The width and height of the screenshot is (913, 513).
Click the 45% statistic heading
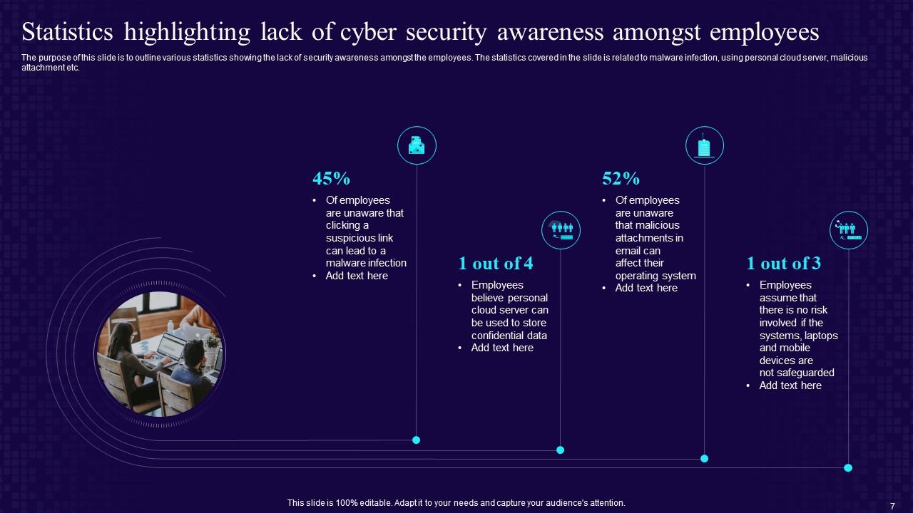pos(331,178)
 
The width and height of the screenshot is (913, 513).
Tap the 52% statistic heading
pos(621,178)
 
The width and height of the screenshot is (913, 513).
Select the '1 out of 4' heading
pos(496,264)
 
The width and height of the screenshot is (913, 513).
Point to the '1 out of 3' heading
pos(783,264)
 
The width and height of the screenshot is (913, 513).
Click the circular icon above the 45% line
pos(417,145)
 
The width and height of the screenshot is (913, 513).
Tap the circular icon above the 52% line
pos(705,145)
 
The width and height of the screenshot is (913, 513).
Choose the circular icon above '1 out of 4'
pos(561,230)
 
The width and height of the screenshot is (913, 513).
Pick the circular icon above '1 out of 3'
pos(848,230)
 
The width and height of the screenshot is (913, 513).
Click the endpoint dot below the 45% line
pos(417,440)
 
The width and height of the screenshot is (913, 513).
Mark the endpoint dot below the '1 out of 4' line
pos(560,450)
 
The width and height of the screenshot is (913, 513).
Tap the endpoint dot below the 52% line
pos(704,458)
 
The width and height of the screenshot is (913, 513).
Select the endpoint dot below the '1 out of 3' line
pos(848,467)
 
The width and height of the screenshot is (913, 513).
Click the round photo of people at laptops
pos(160,353)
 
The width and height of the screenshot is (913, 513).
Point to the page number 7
pos(892,505)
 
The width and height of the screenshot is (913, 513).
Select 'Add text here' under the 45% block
pos(357,276)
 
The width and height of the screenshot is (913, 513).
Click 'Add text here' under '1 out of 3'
pos(790,385)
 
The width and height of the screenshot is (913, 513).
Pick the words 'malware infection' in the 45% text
pos(366,263)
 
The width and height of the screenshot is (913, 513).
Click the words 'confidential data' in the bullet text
pos(509,336)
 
